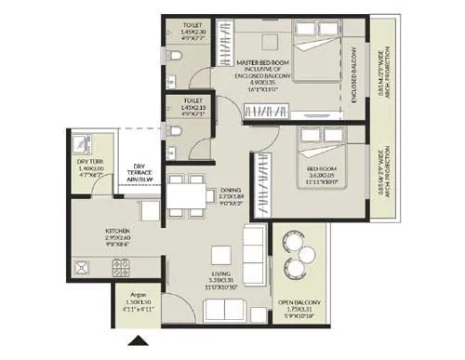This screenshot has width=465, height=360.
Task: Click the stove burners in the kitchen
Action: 120,268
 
